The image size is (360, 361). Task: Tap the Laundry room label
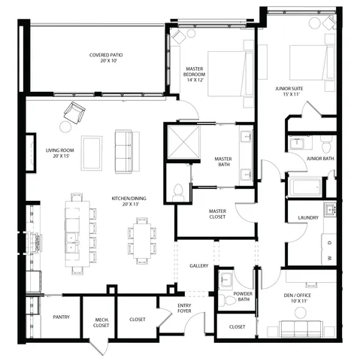308,218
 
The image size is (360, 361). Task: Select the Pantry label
61,317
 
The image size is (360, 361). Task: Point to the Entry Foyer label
184,308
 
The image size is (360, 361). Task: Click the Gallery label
198,265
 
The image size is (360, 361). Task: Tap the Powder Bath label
242,297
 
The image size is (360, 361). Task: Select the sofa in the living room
123,151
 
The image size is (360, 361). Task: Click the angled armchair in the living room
74,114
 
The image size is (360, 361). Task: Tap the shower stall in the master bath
180,141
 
